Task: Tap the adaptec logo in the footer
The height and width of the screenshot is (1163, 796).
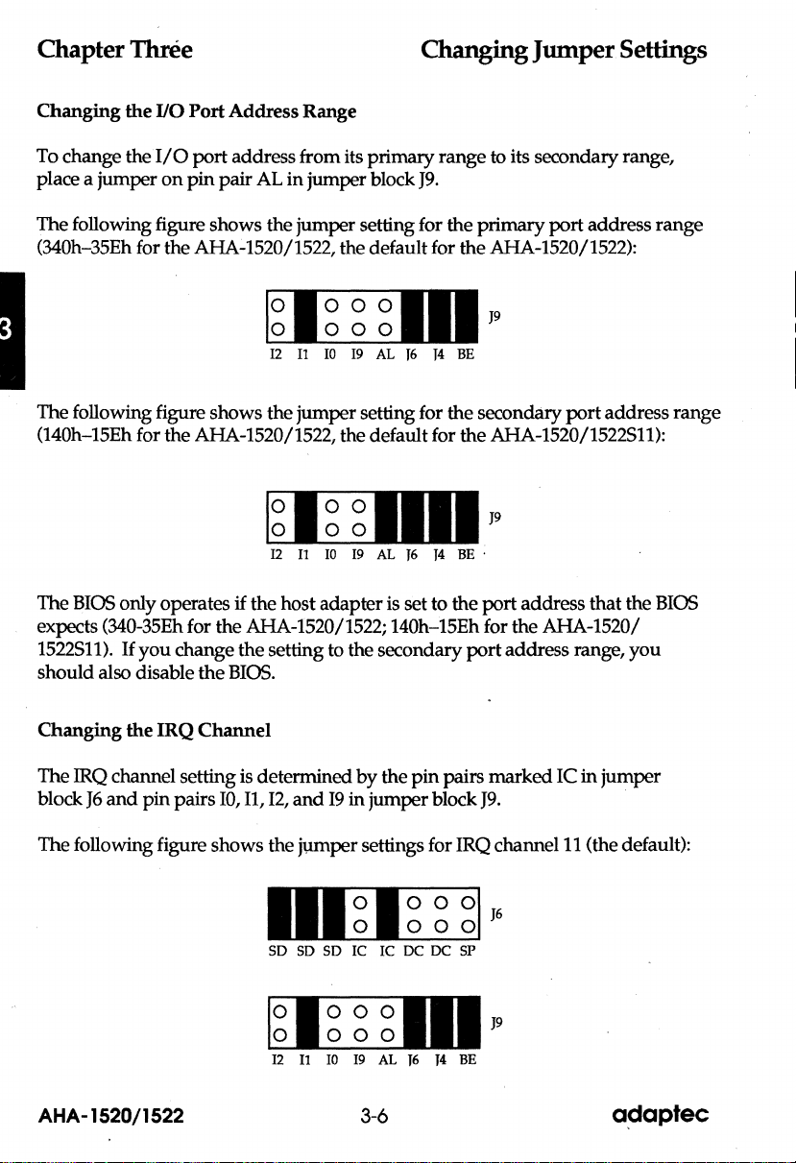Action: (x=659, y=1115)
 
